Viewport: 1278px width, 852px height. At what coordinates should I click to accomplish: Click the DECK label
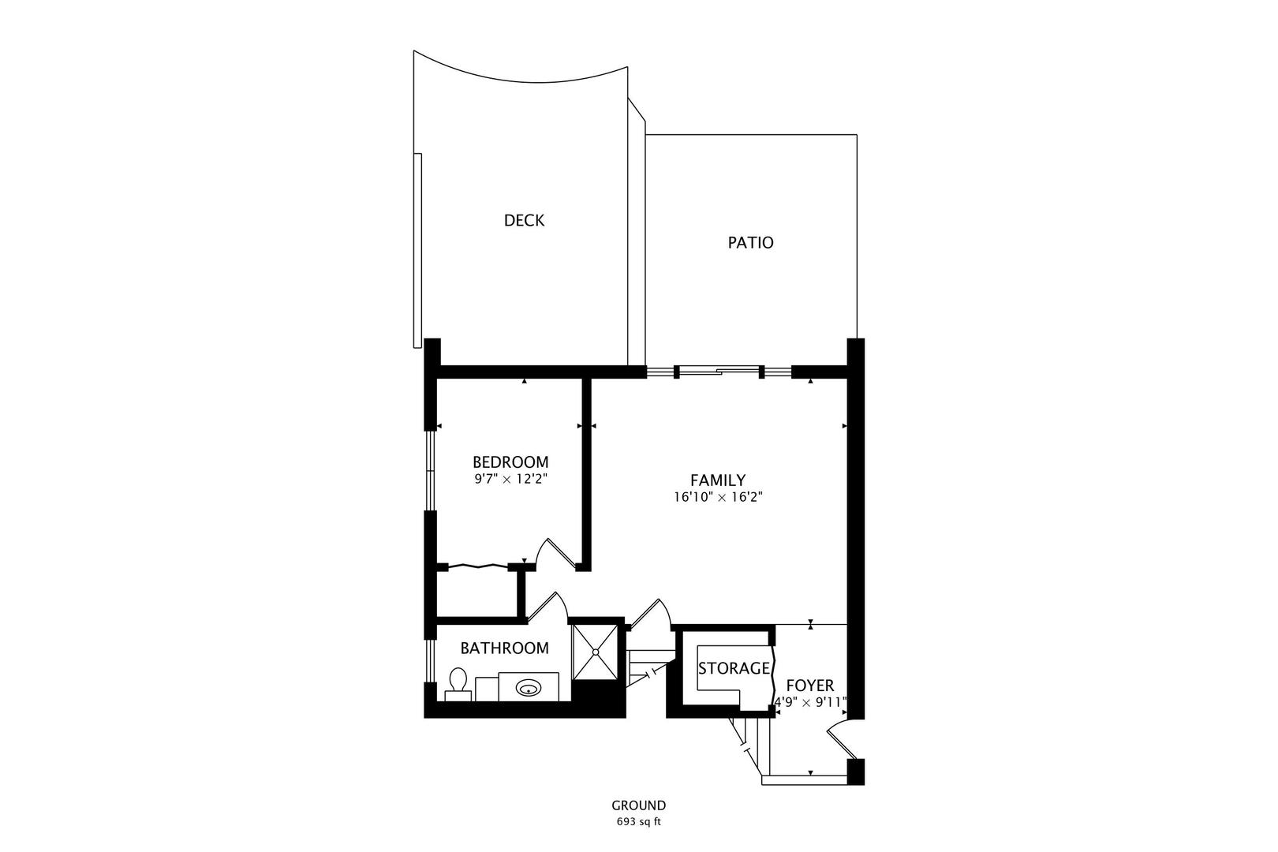[524, 220]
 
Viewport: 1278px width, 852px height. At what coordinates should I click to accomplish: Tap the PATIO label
[750, 242]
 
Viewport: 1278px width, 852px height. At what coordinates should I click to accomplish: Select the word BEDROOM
[510, 461]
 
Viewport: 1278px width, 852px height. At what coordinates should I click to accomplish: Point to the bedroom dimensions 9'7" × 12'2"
[510, 480]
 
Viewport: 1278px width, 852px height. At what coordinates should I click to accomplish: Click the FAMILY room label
[718, 480]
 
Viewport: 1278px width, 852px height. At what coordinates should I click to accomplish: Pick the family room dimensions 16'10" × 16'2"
[718, 498]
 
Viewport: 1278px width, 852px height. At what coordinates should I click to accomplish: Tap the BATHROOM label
[504, 648]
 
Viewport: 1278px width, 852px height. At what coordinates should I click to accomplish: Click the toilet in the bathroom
[458, 685]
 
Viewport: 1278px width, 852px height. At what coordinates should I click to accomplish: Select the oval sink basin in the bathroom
[529, 688]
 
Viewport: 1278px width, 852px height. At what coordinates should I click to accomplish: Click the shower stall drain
[595, 652]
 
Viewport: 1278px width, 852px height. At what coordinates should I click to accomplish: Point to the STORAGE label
[734, 668]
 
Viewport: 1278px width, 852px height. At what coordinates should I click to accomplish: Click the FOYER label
[809, 686]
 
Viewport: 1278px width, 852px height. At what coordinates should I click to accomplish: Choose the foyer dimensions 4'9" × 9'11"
[809, 702]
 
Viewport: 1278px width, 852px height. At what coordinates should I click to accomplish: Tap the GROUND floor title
[638, 805]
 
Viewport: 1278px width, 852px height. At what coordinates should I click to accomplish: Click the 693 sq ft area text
[638, 822]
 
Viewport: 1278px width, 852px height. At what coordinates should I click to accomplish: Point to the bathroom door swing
[547, 606]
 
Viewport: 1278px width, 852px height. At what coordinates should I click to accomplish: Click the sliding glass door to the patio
[719, 372]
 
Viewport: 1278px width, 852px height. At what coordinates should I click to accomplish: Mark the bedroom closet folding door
[478, 566]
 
